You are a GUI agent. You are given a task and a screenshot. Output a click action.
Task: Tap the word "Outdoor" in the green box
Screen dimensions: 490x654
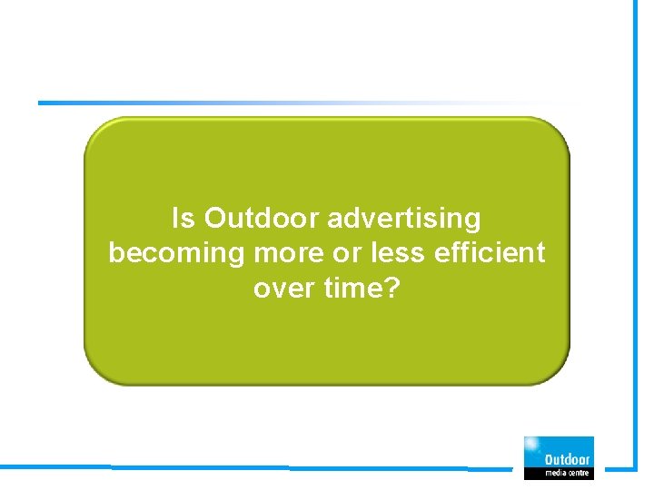[x=261, y=219]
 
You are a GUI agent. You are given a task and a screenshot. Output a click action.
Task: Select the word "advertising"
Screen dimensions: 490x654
[x=404, y=220]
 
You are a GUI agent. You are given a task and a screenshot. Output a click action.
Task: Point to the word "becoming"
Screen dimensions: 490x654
[x=170, y=254]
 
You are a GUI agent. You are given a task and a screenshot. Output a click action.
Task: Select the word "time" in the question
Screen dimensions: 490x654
[x=354, y=289]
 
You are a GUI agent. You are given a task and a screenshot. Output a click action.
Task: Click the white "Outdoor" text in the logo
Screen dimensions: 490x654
[x=566, y=459]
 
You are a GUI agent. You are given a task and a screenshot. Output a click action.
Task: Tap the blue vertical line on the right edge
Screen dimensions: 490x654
[x=635, y=227]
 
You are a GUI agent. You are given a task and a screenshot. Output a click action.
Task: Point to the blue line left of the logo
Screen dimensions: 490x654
[x=272, y=468]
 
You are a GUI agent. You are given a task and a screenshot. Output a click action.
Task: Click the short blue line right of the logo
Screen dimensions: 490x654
[x=619, y=469]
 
